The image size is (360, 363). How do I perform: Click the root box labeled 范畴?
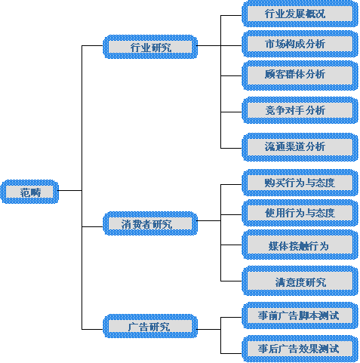(x=29, y=192)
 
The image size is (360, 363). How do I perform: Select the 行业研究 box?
(x=150, y=47)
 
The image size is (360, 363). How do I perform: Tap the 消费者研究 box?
(x=150, y=223)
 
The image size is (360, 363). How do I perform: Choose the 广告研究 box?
(x=150, y=326)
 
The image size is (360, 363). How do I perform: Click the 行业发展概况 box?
(x=300, y=14)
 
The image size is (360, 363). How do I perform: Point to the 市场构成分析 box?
(x=300, y=44)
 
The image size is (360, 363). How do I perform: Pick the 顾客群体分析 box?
(x=300, y=75)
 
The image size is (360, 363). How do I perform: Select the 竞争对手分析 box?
(x=300, y=110)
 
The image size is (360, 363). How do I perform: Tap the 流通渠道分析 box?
(x=300, y=147)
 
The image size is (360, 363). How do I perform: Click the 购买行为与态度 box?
(x=300, y=183)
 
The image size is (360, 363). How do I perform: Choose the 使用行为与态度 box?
(x=300, y=213)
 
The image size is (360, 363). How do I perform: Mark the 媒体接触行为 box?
(x=300, y=245)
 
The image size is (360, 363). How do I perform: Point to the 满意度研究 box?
(x=300, y=281)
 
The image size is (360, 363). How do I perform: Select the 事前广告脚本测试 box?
(x=300, y=315)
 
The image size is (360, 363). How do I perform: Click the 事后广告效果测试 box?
(x=300, y=349)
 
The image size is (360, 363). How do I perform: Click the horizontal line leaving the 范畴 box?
(x=70, y=190)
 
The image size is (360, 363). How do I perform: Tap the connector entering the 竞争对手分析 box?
(x=231, y=112)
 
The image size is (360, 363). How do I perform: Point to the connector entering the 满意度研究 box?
(x=231, y=281)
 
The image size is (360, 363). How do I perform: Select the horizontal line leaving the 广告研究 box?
(x=209, y=329)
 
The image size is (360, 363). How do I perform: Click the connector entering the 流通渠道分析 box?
(x=231, y=148)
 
